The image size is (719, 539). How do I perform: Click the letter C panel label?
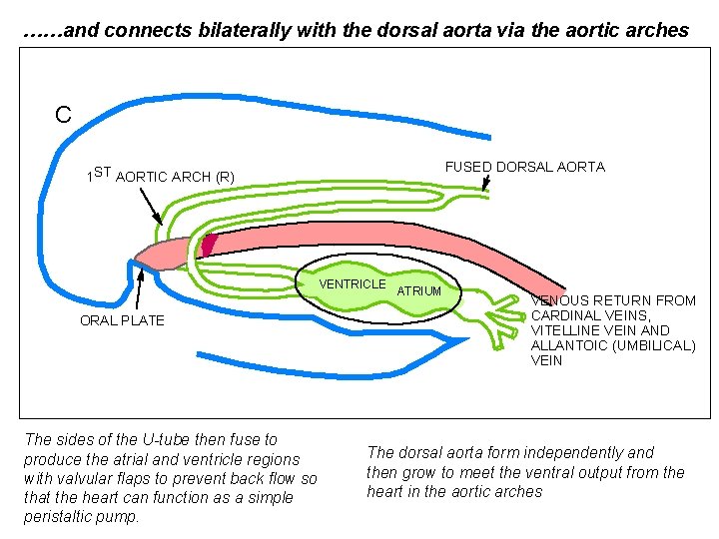coord(63,115)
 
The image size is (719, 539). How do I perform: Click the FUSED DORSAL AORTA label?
coord(524,167)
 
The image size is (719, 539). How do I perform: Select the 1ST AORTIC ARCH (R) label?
coord(161,177)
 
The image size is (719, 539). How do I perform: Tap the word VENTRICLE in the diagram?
coord(352,284)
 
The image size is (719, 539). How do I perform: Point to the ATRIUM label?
coord(419,290)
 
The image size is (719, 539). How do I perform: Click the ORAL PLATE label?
coord(122,320)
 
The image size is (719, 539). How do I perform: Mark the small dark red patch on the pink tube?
coord(209,245)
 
